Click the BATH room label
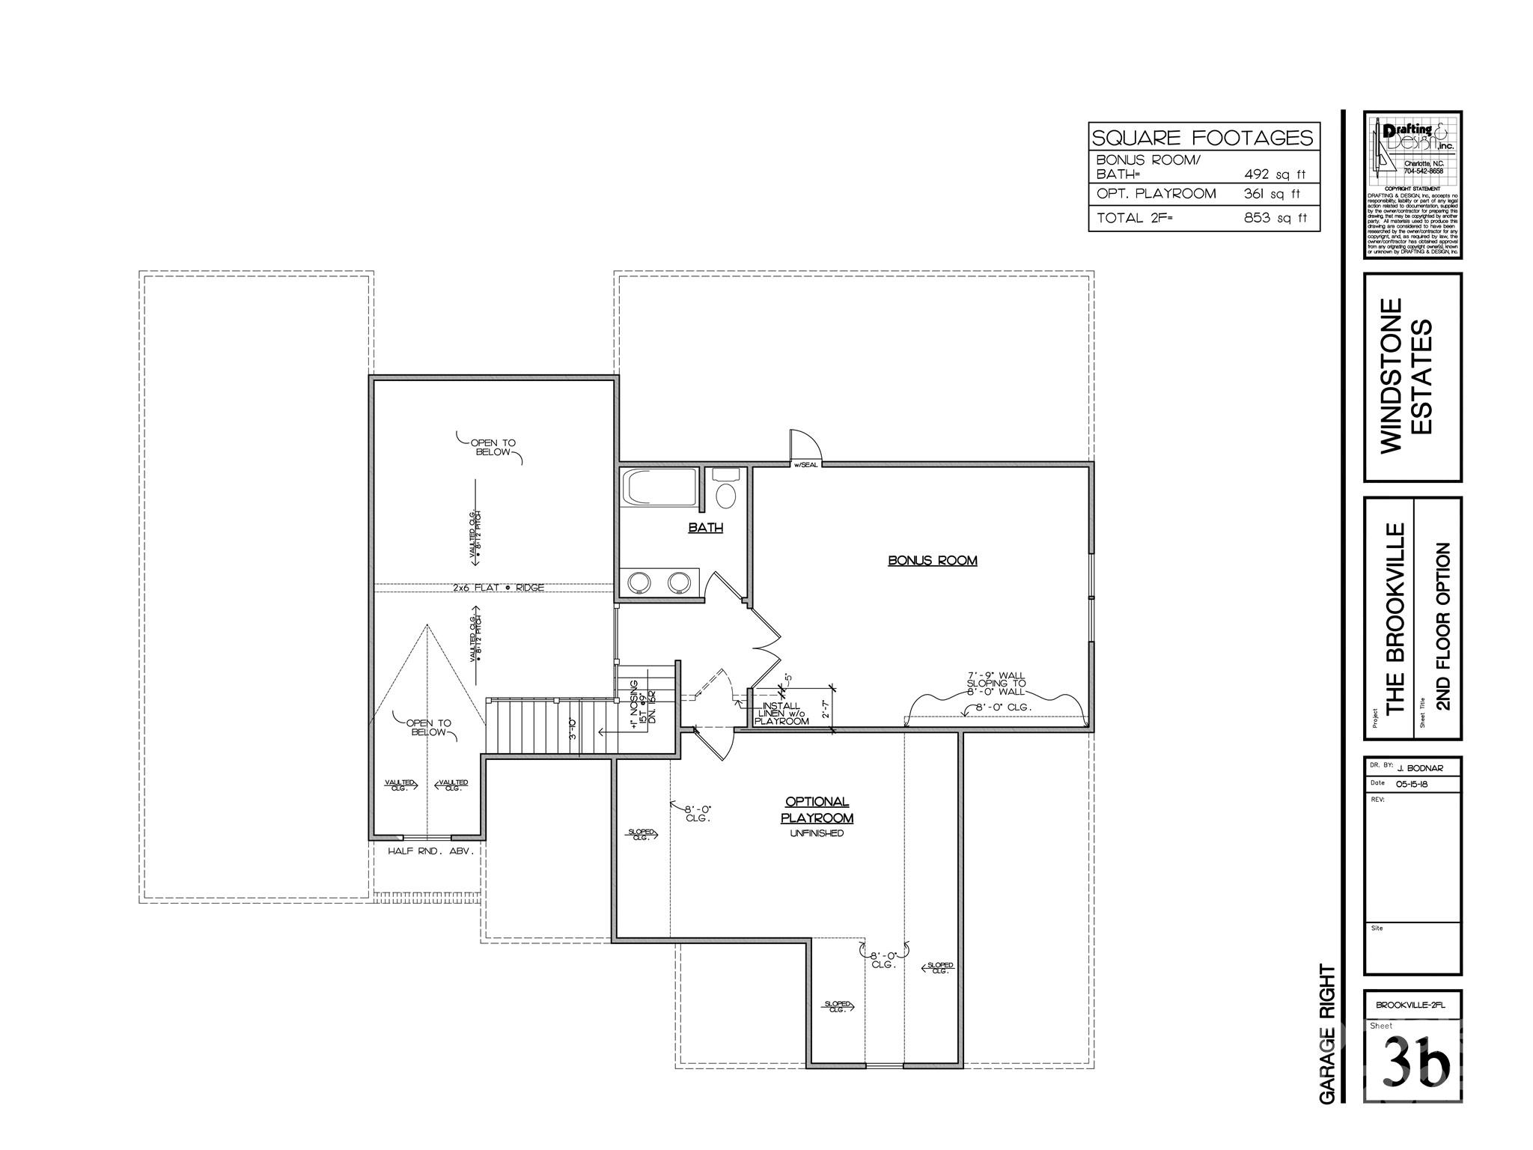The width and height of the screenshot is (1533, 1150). (705, 528)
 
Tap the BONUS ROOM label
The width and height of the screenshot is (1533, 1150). (932, 561)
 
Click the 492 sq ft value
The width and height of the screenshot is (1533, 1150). (1274, 174)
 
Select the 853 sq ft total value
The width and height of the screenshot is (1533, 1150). (1274, 218)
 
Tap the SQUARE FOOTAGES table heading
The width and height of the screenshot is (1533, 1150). (1203, 138)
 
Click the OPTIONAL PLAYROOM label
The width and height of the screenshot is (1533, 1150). (817, 810)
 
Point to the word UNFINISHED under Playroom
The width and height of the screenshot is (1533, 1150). (817, 833)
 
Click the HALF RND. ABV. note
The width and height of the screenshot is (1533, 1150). (430, 851)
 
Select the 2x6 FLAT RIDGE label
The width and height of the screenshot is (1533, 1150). (498, 588)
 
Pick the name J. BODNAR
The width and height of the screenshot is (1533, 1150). (1419, 768)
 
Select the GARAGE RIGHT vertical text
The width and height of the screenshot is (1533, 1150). (1327, 1033)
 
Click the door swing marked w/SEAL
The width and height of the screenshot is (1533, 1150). (806, 447)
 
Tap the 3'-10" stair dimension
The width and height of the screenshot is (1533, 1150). (573, 728)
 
